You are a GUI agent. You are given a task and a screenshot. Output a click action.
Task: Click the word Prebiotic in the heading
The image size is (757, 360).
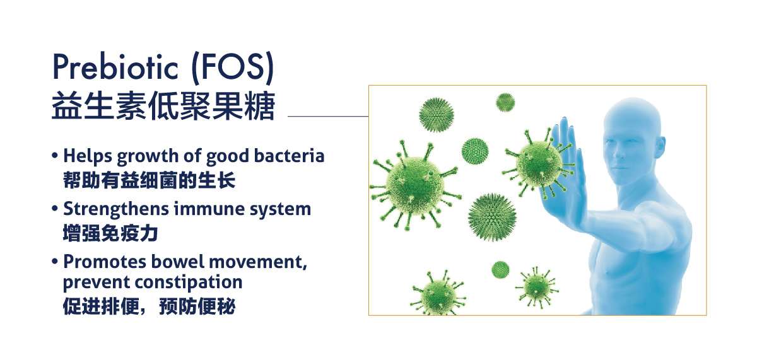(115, 67)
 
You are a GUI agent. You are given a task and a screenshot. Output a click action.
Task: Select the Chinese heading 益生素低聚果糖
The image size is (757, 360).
(163, 106)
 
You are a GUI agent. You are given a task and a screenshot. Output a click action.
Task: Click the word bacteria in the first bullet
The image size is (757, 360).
(289, 156)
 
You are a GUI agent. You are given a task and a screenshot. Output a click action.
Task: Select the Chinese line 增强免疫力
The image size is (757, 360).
(110, 233)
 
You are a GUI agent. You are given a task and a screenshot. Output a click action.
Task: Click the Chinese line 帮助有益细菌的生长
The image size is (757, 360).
(149, 180)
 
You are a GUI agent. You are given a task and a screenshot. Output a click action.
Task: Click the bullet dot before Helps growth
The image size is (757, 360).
(55, 156)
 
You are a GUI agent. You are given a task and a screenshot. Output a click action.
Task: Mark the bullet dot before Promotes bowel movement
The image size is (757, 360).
(55, 262)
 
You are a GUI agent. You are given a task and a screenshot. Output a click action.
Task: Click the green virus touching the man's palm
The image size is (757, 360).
(538, 163)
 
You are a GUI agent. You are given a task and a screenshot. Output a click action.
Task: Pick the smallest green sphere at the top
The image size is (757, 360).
(505, 102)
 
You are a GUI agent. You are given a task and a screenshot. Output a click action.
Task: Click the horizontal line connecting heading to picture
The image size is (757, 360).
(328, 116)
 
